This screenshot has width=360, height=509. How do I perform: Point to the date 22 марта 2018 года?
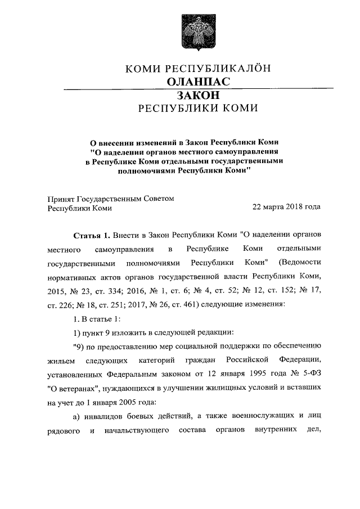point(286,207)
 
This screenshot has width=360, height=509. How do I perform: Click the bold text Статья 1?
point(92,233)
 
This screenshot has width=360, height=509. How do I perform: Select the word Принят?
point(58,198)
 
